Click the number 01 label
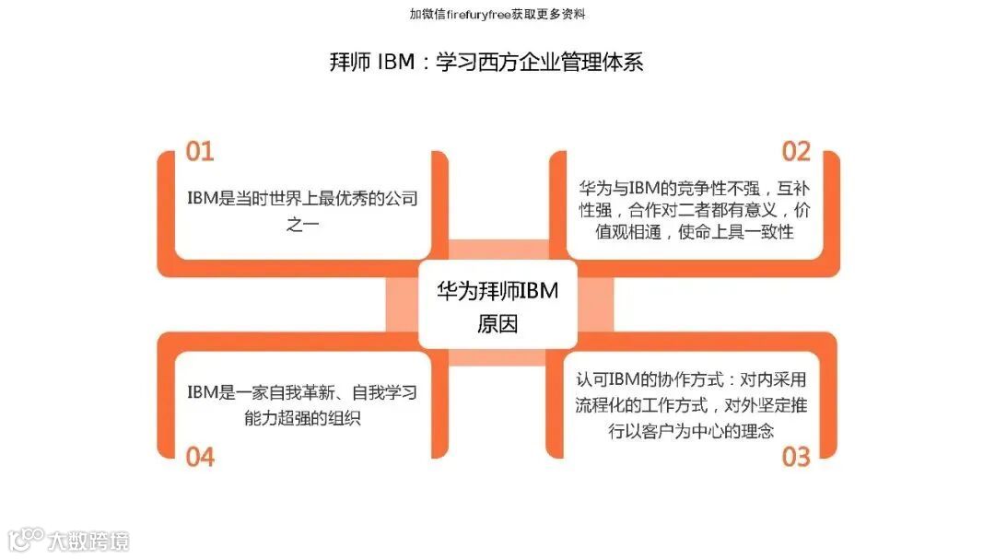(200, 152)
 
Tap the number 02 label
(795, 152)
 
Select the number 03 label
(795, 456)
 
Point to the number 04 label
(200, 456)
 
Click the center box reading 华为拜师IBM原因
(497, 305)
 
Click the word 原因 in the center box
(497, 324)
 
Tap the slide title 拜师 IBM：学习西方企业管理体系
(486, 62)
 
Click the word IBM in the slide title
(397, 62)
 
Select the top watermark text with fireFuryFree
(497, 14)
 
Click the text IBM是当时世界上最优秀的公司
(302, 198)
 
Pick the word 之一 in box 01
(302, 224)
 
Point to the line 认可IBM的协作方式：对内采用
(692, 379)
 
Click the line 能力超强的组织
(302, 418)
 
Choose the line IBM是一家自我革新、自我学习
(302, 392)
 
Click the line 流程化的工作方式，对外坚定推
(692, 404)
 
